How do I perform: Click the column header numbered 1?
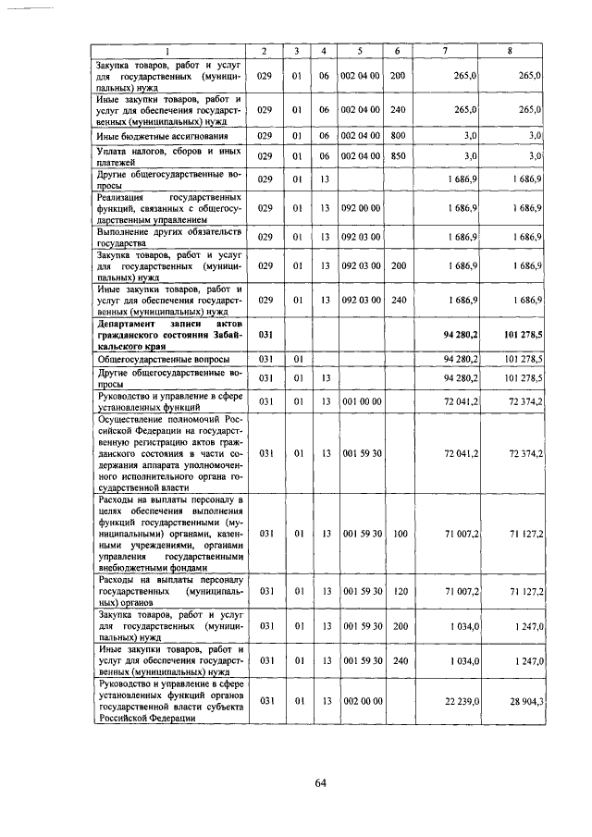167,52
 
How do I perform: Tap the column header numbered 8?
510,52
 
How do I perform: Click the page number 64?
321,783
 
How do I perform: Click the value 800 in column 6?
397,136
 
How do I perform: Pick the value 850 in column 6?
397,156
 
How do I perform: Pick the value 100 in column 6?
397,535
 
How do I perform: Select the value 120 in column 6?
397,590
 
